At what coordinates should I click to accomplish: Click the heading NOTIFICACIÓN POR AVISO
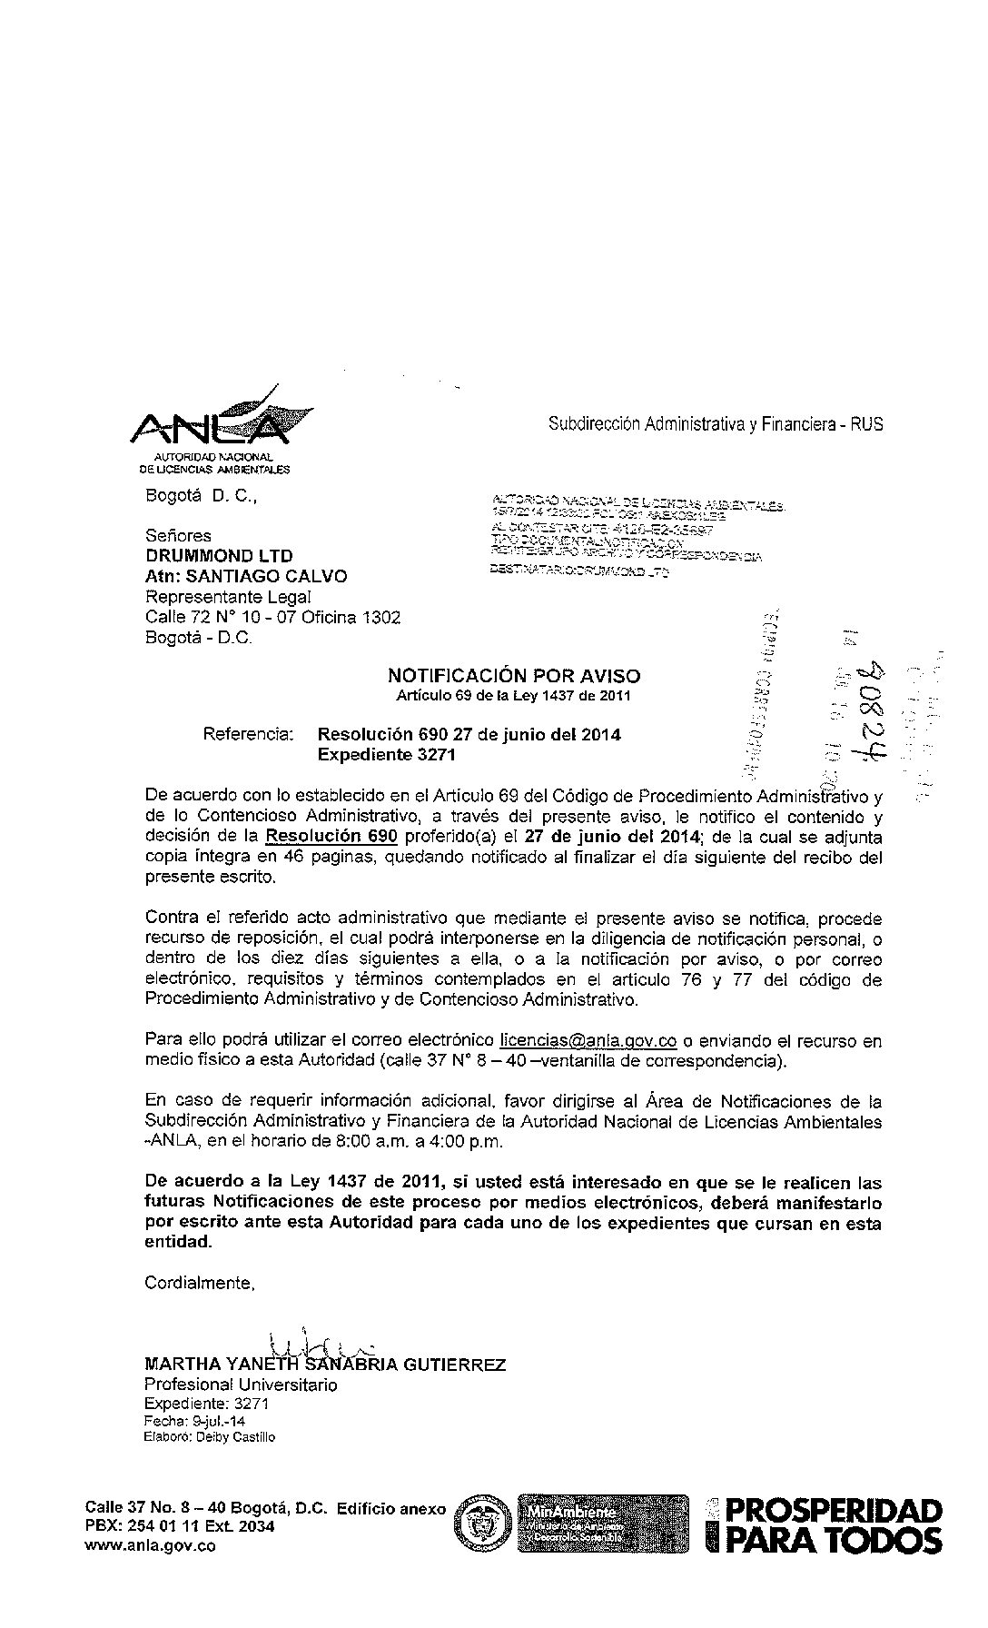pos(513,676)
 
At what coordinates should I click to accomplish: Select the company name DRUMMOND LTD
pos(219,556)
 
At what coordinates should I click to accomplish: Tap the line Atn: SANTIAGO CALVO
pos(246,576)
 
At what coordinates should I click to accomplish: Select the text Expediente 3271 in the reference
pos(386,755)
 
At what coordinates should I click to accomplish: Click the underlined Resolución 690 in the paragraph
pos(331,837)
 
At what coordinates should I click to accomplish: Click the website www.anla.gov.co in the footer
pos(150,1546)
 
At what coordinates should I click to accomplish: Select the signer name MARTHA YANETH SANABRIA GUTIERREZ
pos(325,1365)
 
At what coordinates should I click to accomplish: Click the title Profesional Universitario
pos(241,1385)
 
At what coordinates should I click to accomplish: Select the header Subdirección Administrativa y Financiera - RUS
pos(716,424)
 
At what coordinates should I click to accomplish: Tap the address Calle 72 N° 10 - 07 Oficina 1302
pos(272,618)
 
